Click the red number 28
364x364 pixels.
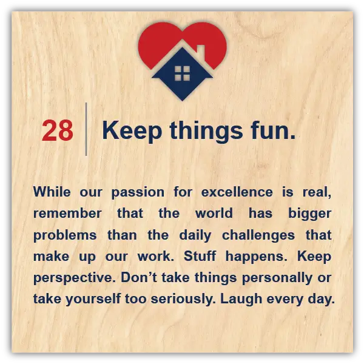pyautogui.click(x=58, y=130)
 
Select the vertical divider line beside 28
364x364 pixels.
pyautogui.click(x=86, y=129)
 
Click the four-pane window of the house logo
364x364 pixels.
pyautogui.click(x=182, y=73)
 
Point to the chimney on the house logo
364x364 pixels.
pyautogui.click(x=201, y=52)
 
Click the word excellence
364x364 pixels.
pyautogui.click(x=237, y=192)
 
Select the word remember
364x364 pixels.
pyautogui.click(x=67, y=214)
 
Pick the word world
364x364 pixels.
pyautogui.click(x=214, y=213)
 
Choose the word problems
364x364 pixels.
pyautogui.click(x=65, y=236)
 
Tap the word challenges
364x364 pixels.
pyautogui.click(x=258, y=236)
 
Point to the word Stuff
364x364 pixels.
pyautogui.click(x=200, y=256)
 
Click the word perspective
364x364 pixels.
pyautogui.click(x=75, y=278)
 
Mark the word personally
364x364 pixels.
pyautogui.click(x=277, y=278)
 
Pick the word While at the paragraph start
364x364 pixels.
pyautogui.click(x=52, y=192)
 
